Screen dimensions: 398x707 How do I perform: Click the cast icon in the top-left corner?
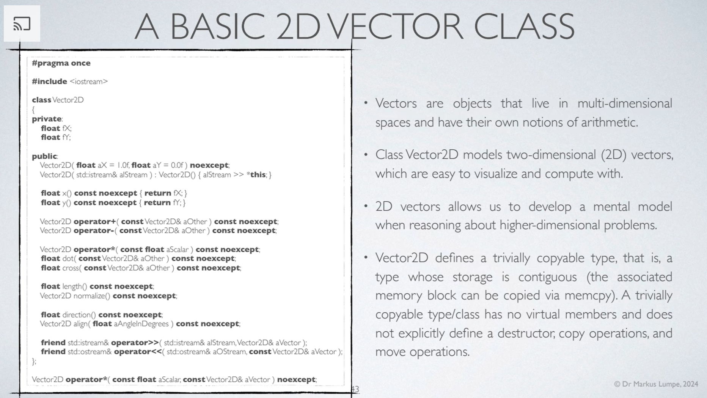[22, 24]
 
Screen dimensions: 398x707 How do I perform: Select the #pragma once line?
[61, 63]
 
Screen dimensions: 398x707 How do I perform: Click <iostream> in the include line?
[89, 81]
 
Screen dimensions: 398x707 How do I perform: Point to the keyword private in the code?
[47, 119]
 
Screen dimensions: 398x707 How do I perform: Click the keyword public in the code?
[44, 156]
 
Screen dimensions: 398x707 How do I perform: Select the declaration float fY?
[56, 137]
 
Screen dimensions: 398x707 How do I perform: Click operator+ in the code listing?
[95, 221]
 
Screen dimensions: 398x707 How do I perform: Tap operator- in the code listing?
[94, 230]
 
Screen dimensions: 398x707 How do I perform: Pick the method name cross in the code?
[71, 268]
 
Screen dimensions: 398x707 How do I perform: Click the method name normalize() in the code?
[91, 296]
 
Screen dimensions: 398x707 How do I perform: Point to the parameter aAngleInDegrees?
[141, 324]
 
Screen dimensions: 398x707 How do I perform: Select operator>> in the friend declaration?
[135, 343]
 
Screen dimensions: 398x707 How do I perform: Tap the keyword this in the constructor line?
[258, 175]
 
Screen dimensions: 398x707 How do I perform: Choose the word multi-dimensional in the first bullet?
[625, 103]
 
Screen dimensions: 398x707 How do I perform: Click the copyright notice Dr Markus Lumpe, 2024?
[656, 384]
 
